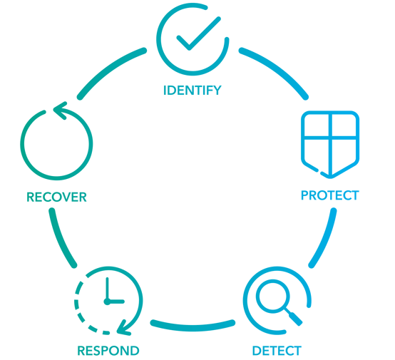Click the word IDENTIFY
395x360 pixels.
193,91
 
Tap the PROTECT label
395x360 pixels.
330,195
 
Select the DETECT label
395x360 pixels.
277,351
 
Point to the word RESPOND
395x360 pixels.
108,351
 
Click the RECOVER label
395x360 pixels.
56,197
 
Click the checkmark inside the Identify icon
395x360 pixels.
198,34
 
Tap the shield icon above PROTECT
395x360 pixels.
330,144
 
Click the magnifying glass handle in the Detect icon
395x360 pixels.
294,318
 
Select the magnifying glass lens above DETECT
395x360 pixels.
273,297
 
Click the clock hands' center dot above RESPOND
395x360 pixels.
108,302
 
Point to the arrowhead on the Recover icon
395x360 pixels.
61,110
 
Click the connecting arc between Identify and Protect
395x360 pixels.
277,68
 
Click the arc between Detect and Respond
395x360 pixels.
193,326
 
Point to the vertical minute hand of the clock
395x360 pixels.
108,289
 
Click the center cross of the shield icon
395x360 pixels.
331,138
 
